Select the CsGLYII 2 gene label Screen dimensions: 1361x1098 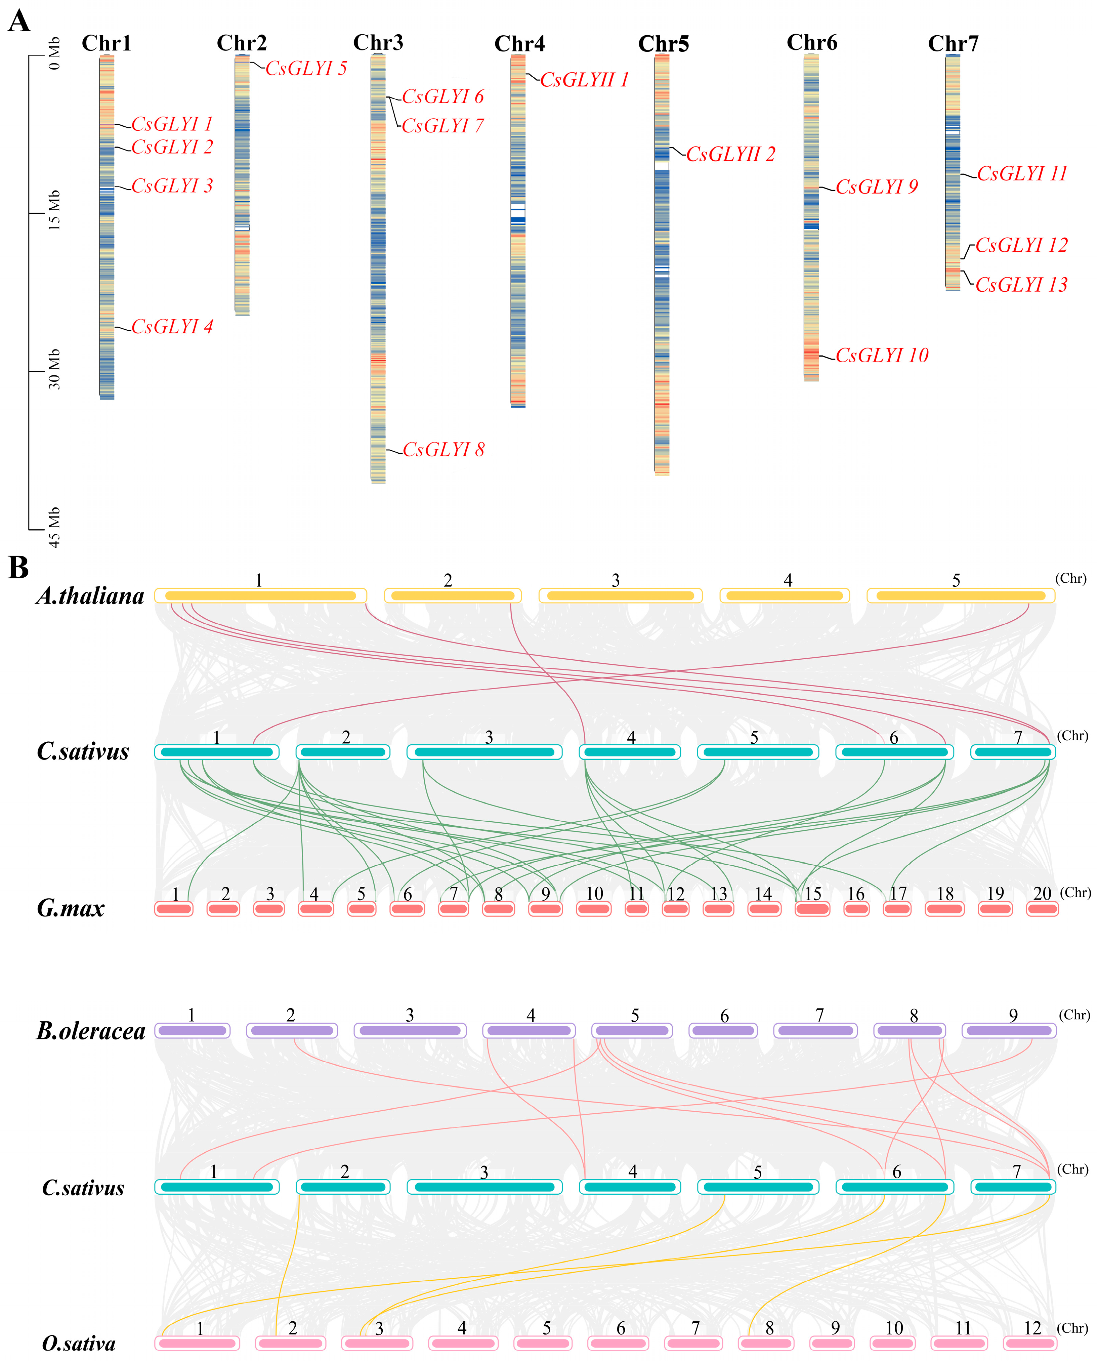click(x=730, y=154)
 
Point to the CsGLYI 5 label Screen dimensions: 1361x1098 click(x=306, y=68)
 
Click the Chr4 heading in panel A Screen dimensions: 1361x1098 click(x=519, y=44)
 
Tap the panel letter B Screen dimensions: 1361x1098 click(x=18, y=567)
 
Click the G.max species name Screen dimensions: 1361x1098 click(x=70, y=909)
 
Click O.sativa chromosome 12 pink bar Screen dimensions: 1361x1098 click(x=1031, y=1343)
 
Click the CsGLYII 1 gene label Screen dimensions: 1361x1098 click(x=584, y=80)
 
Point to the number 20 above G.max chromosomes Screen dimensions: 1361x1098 click(x=1042, y=894)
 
